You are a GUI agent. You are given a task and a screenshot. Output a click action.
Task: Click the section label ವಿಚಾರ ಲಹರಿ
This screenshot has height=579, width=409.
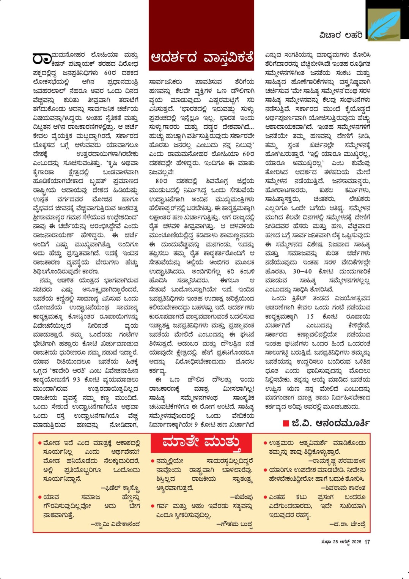[x=341, y=35]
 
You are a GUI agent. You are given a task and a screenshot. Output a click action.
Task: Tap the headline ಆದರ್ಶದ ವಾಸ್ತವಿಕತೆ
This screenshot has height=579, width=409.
[x=201, y=58]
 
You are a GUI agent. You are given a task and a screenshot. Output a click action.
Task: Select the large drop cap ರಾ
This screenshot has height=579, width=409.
[x=41, y=59]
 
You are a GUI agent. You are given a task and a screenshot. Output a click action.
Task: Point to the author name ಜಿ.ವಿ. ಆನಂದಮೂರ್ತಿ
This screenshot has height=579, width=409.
[x=330, y=423]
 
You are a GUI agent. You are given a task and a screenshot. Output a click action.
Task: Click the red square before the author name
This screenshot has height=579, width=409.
[x=286, y=423]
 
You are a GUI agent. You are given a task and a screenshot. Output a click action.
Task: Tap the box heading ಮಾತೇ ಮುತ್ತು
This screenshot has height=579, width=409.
[x=201, y=443]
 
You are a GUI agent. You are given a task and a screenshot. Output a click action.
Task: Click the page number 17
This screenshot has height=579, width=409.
[x=367, y=542]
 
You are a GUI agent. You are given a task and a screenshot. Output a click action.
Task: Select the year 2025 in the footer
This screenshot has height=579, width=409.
[x=356, y=542]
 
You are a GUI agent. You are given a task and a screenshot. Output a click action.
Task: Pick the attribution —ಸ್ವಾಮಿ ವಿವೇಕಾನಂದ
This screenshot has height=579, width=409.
[x=115, y=524]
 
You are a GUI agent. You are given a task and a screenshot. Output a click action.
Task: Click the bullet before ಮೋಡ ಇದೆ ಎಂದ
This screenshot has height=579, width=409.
[x=40, y=443]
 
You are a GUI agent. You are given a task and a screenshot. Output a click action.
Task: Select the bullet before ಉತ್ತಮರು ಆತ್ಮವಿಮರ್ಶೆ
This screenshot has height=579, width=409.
[x=265, y=443]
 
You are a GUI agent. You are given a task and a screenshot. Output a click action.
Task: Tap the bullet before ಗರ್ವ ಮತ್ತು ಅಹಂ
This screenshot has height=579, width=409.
[x=153, y=506]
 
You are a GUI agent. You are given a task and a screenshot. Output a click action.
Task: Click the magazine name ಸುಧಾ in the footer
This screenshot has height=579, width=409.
[x=326, y=542]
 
